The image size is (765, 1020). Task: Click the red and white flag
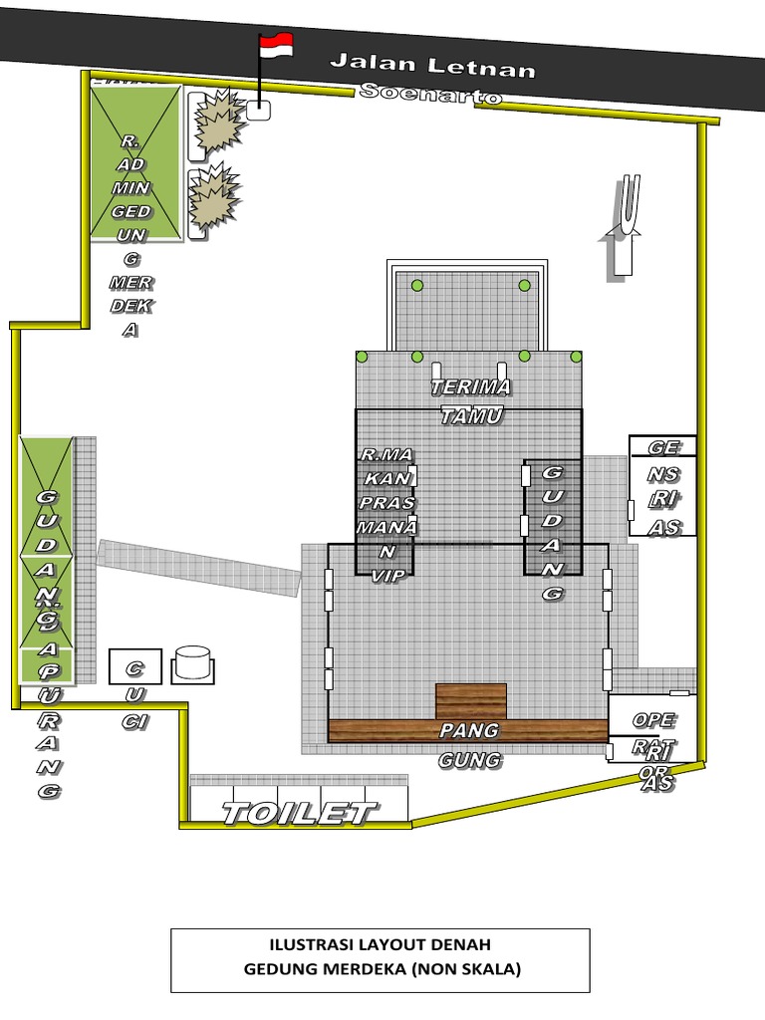point(276,45)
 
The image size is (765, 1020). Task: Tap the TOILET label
point(299,813)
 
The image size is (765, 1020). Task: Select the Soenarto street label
point(430,94)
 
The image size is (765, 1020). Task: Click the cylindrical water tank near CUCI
point(192,663)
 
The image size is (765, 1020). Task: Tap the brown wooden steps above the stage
point(471,701)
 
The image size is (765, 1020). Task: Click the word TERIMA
point(470,386)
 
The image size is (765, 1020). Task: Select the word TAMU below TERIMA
point(471,416)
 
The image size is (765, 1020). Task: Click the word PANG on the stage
point(470,731)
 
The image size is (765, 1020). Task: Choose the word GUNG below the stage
point(470,761)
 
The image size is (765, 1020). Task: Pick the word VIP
point(386,575)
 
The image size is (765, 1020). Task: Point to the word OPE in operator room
point(654,720)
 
